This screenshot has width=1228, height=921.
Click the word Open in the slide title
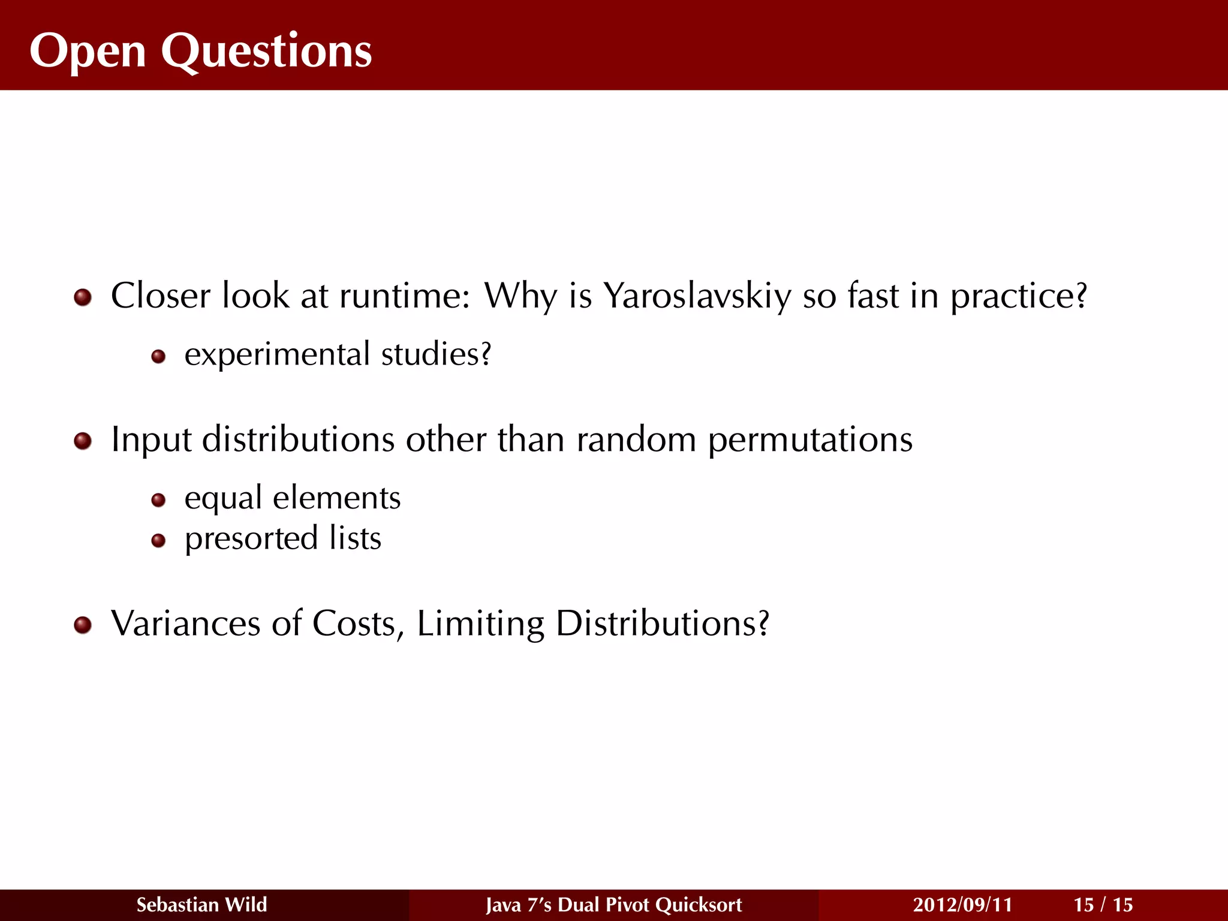tap(88, 52)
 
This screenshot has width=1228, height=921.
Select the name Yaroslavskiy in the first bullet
tap(697, 296)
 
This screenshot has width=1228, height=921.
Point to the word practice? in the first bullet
tap(1019, 296)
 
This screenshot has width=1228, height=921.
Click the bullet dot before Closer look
tap(83, 297)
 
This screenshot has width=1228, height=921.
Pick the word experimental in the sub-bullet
tap(277, 354)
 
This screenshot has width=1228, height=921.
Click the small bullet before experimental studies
tap(158, 357)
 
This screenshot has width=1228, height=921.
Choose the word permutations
tap(810, 440)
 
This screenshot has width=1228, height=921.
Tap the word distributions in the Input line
tap(299, 440)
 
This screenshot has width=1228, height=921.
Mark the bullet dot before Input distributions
tap(83, 442)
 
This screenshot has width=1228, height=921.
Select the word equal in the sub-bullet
tap(223, 499)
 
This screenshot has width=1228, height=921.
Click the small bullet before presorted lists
tap(158, 541)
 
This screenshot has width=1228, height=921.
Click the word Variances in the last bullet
tap(186, 624)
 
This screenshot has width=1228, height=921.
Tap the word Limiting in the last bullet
tap(480, 624)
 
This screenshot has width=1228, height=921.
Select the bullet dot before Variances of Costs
tap(83, 625)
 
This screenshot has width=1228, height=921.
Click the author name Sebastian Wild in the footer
tap(201, 905)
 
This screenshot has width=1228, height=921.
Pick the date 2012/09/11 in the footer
tap(962, 905)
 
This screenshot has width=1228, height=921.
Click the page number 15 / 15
tap(1103, 905)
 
